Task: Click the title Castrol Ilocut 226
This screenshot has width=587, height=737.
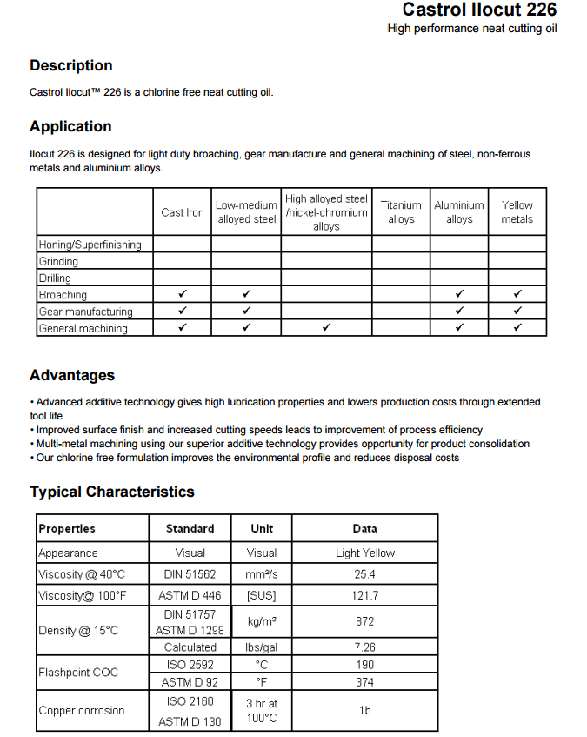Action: (479, 10)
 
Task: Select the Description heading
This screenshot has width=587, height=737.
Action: (71, 65)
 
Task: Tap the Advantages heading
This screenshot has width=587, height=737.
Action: (72, 375)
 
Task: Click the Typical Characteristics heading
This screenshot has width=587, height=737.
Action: (112, 492)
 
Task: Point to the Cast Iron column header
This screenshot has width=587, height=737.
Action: (183, 212)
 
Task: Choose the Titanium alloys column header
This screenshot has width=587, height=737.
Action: (401, 212)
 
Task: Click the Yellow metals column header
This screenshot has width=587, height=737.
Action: (517, 212)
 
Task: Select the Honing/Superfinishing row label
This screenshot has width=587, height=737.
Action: (90, 245)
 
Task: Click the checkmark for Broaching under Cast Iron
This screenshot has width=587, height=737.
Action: (183, 294)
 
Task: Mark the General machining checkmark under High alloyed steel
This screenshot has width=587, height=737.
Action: (326, 328)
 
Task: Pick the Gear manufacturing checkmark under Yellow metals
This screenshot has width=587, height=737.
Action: (517, 311)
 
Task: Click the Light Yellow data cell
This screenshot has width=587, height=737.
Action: (365, 553)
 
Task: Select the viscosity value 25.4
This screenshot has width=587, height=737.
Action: (365, 574)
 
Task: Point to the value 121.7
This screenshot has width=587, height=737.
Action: (365, 596)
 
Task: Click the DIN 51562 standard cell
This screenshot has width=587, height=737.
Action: (190, 574)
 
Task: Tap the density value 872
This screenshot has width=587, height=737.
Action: (365, 621)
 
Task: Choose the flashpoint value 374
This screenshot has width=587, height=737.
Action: (365, 683)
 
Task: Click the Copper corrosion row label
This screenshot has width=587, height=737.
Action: (82, 711)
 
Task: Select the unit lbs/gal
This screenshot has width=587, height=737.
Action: (262, 647)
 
